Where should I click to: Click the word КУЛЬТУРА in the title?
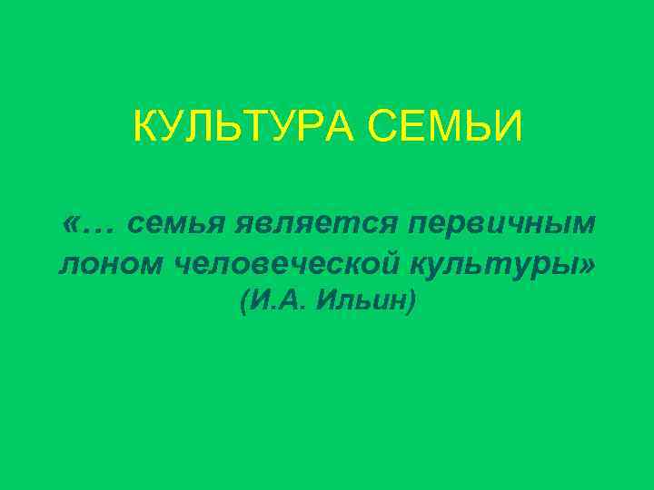tap(244, 127)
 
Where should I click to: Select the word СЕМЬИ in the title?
tap(445, 127)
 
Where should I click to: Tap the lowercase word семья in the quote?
tap(176, 222)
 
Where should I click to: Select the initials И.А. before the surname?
tap(277, 301)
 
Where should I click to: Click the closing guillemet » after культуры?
tap(590, 264)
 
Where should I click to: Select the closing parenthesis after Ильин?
tap(412, 302)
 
